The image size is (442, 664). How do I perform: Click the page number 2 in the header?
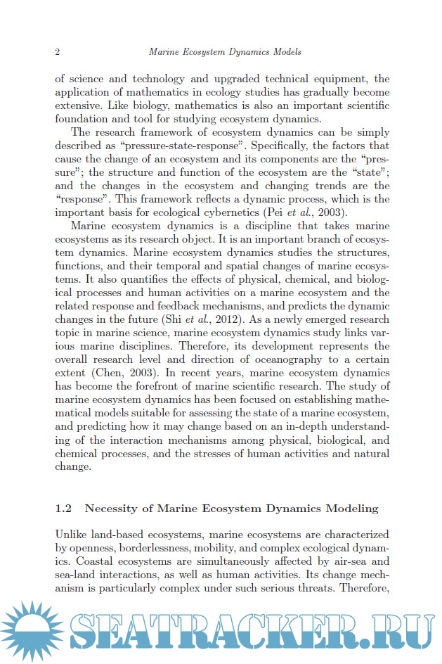pos(57,52)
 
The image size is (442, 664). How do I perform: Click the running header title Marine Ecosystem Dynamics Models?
pos(226,52)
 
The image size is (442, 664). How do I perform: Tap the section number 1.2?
pos(63,508)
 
